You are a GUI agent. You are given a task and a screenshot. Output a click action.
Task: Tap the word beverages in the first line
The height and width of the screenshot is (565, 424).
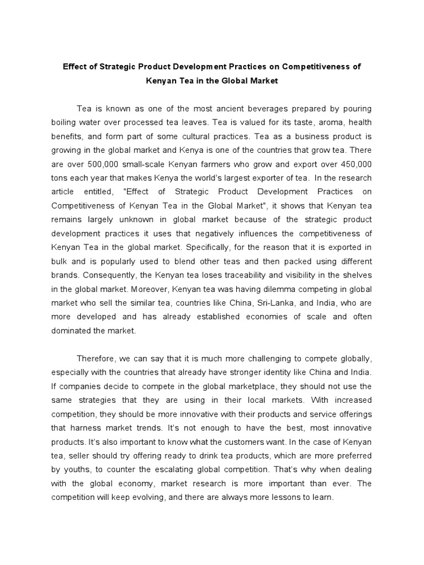coord(261,109)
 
